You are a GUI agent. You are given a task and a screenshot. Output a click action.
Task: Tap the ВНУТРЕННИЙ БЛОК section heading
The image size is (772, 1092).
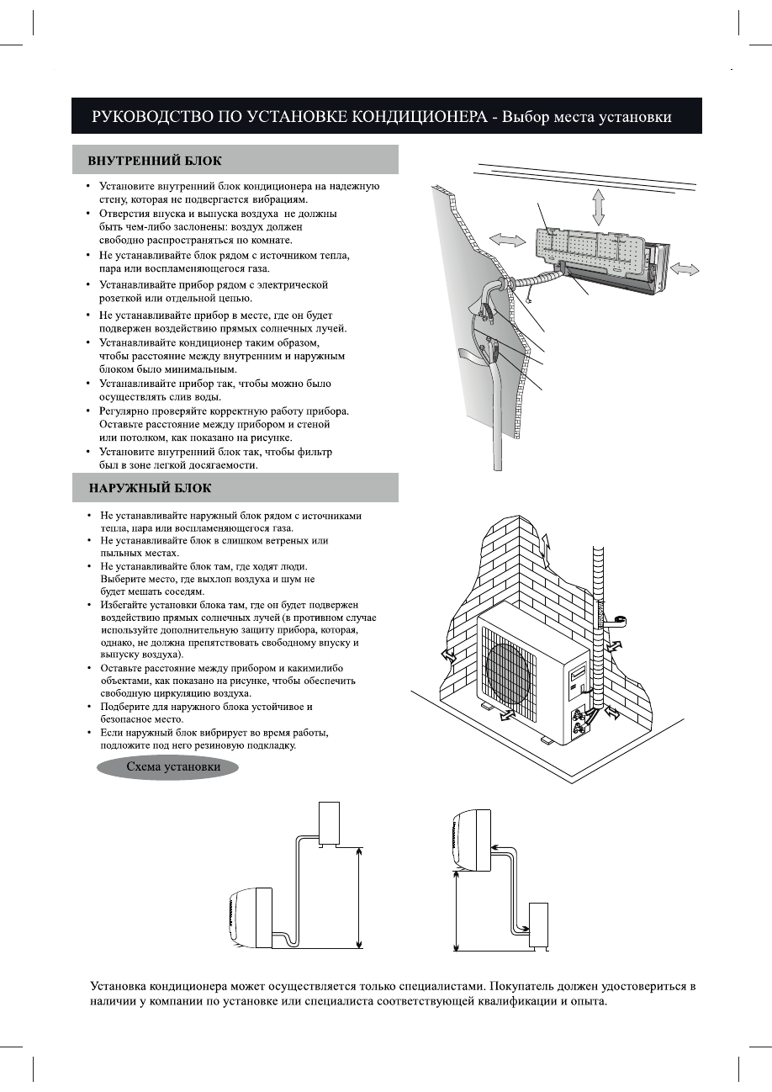[156, 160]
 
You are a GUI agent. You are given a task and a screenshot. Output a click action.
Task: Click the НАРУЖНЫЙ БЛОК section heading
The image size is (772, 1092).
[151, 488]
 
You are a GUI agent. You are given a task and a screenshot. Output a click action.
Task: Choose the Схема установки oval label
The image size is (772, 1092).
[173, 767]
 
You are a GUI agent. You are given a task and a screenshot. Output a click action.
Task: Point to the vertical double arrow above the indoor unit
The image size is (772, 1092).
[598, 205]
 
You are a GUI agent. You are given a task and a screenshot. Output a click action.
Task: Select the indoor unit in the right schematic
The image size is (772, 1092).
[472, 840]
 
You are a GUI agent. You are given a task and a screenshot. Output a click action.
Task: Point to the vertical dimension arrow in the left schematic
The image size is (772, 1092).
[360, 897]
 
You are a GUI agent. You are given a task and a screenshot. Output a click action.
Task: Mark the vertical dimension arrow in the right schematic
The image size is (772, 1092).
[455, 909]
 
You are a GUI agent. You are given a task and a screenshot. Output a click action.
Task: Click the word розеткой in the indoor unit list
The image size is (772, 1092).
[123, 298]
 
